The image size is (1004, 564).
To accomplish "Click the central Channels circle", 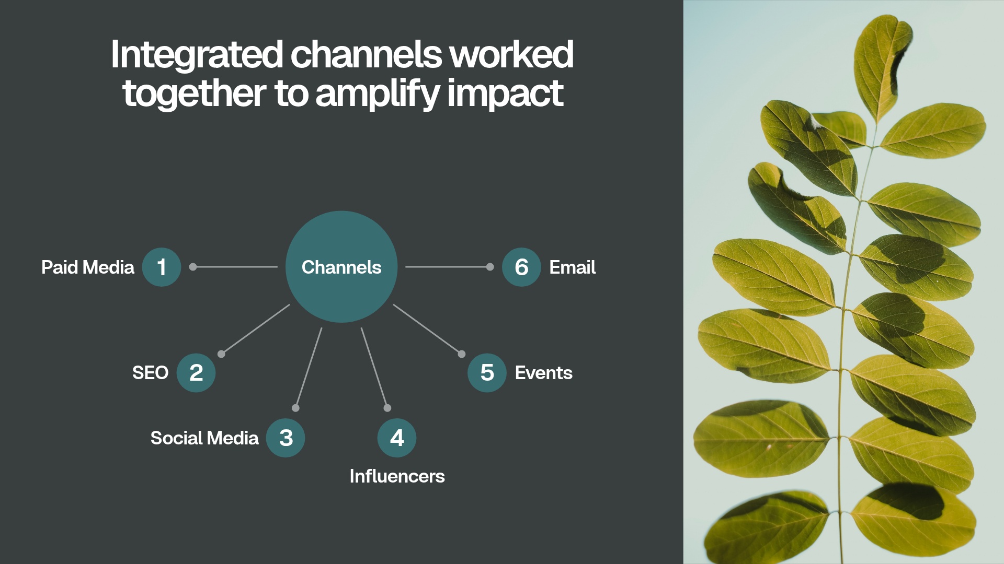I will tap(341, 267).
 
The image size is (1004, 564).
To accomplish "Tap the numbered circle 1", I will tap(162, 267).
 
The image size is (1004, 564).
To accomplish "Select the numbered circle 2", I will tap(196, 373).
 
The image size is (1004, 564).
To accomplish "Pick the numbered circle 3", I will tap(286, 438).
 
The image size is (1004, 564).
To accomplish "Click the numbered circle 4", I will tap(397, 438).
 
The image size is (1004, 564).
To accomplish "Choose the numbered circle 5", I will tap(487, 373).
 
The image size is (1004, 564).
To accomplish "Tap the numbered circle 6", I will tap(521, 267).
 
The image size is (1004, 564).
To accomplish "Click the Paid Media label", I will tap(88, 267).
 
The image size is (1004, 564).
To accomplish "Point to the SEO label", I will tap(150, 373).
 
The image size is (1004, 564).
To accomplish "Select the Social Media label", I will tap(204, 438).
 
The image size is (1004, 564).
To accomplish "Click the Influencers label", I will tap(397, 476).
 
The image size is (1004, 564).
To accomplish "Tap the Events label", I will tap(543, 373).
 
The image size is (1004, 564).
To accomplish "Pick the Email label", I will tap(572, 267).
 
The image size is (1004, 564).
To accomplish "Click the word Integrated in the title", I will tap(197, 55).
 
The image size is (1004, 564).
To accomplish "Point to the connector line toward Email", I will tap(447, 267).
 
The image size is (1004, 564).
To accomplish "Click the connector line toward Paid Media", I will tap(235, 267).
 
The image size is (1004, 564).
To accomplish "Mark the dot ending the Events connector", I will tap(462, 354).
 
